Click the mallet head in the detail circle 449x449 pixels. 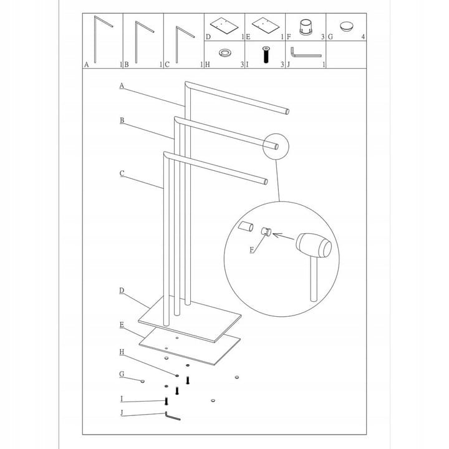click(x=314, y=246)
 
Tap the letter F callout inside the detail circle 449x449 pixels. click(x=252, y=249)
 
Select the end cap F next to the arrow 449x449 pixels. click(x=266, y=231)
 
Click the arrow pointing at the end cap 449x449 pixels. click(x=284, y=236)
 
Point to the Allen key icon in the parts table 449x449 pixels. click(x=306, y=52)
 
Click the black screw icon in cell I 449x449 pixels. click(x=266, y=54)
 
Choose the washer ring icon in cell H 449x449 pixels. click(x=224, y=52)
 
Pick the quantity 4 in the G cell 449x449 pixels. click(x=363, y=37)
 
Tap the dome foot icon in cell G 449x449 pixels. click(x=347, y=27)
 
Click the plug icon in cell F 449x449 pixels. click(x=306, y=27)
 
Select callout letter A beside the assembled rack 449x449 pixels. click(x=122, y=85)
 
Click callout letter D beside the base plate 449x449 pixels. click(x=122, y=291)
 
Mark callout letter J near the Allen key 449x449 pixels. click(x=122, y=413)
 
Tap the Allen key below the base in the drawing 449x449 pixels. click(x=172, y=416)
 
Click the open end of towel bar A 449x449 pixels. click(x=287, y=112)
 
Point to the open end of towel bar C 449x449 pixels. click(x=266, y=181)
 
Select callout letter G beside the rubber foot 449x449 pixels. click(x=122, y=374)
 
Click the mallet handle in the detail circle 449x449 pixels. click(x=314, y=278)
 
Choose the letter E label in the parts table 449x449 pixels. click(x=248, y=37)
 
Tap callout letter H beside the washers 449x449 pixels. click(x=122, y=352)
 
